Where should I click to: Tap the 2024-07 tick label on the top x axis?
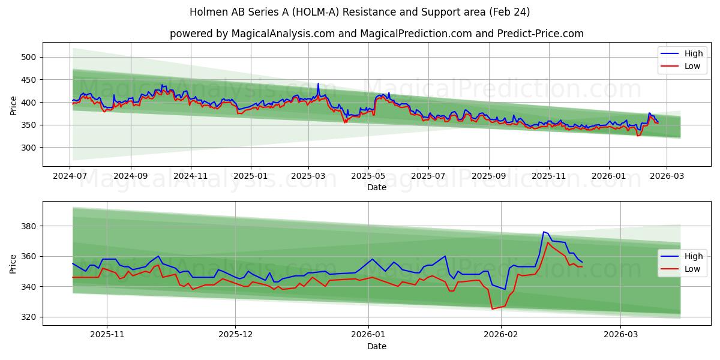point(70,177)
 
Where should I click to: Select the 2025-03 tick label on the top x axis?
point(308,177)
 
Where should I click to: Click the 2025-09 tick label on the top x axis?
point(488,177)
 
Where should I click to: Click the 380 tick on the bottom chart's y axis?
point(29,226)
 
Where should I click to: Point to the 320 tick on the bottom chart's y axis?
point(29,317)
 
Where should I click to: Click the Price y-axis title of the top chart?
point(14,105)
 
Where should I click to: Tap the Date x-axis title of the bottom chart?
point(376,346)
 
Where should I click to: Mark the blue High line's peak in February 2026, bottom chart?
point(544,232)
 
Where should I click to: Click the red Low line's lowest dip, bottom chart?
point(492,309)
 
